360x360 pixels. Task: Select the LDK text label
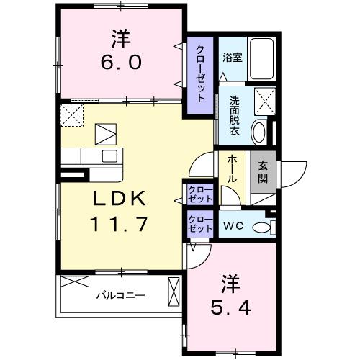click(x=120, y=199)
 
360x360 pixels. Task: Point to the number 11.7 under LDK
click(x=120, y=224)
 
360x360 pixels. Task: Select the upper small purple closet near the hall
click(x=199, y=193)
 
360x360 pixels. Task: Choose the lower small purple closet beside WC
click(x=199, y=222)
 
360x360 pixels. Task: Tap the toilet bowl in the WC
click(x=264, y=226)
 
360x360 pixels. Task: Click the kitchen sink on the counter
click(x=109, y=156)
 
